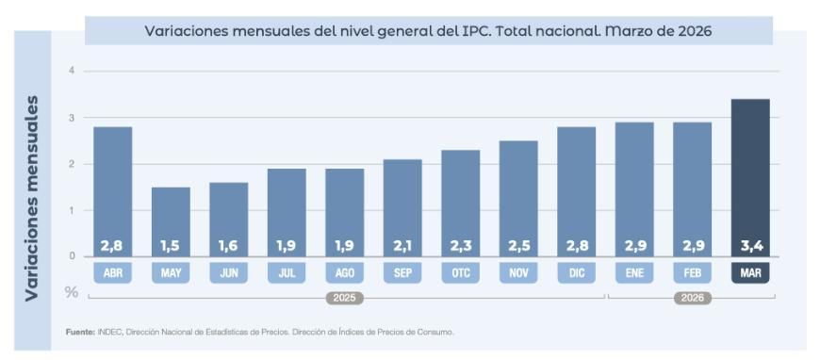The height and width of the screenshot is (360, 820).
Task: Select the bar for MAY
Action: pos(171,221)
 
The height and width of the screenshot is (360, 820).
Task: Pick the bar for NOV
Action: pos(518,198)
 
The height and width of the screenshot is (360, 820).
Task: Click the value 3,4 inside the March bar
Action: pos(750,246)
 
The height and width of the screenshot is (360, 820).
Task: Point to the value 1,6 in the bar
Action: pos(228,246)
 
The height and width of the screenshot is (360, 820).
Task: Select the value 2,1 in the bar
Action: pos(402,246)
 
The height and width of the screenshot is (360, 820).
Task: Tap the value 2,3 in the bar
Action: pos(460,246)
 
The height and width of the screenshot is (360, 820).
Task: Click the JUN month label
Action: pos(228,273)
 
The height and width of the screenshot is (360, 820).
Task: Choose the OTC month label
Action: pos(460,273)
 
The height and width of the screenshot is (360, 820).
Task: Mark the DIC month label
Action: pos(576,273)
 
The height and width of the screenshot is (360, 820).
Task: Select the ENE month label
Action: pos(634,273)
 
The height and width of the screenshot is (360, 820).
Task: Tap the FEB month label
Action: pos(692,273)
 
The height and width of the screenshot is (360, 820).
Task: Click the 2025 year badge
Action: pos(344,298)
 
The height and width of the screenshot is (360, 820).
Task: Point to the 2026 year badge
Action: pos(692,298)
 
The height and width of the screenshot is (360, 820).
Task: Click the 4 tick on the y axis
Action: pos(72,72)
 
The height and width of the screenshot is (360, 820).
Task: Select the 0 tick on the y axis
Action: pos(72,256)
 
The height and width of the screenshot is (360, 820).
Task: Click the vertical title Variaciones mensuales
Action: pos(33,197)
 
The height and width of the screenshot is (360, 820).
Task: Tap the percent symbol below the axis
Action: pos(72,292)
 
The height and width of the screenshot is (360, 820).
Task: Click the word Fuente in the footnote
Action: pos(79,332)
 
